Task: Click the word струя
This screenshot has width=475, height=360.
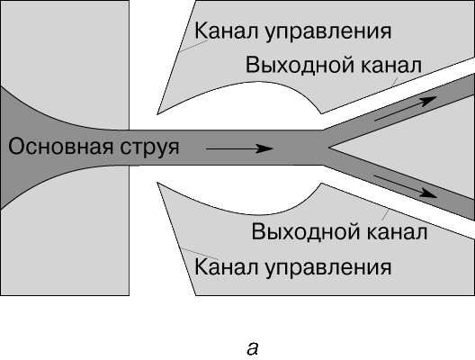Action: click(x=149, y=148)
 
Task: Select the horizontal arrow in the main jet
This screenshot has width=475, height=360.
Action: click(x=239, y=148)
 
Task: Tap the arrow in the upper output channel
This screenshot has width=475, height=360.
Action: click(x=406, y=109)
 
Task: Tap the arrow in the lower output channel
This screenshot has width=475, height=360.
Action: click(x=406, y=186)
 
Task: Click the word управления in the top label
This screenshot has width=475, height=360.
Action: click(x=328, y=32)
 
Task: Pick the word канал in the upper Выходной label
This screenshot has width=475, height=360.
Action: click(x=390, y=66)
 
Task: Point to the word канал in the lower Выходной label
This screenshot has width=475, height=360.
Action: click(x=397, y=232)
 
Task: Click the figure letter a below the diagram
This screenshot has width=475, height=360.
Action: click(x=252, y=349)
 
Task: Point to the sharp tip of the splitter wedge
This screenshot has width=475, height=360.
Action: click(x=328, y=148)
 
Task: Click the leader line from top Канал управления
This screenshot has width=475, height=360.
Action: click(x=193, y=46)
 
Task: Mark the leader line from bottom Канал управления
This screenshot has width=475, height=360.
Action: click(x=200, y=254)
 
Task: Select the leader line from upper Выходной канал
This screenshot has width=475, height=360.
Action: click(x=393, y=83)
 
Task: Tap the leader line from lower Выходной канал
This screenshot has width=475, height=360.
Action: click(x=385, y=214)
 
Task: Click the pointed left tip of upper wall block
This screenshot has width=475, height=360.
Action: click(x=157, y=114)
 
